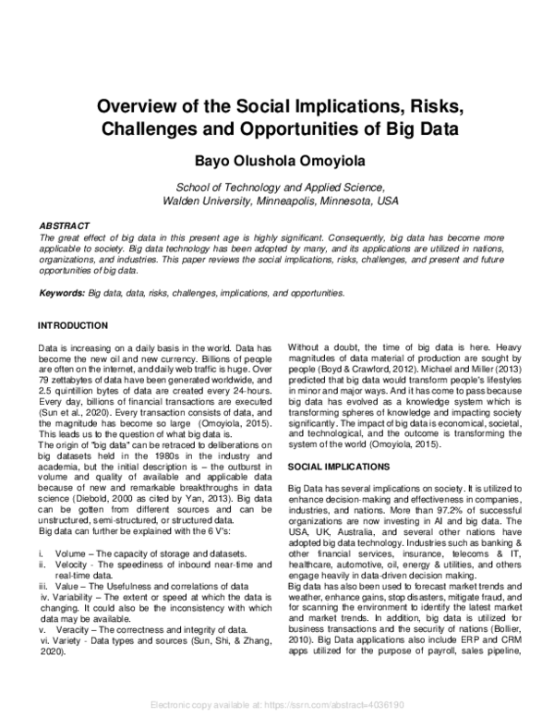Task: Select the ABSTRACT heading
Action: (x=64, y=225)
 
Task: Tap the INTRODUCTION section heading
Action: (x=72, y=326)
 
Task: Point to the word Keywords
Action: (x=61, y=293)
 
